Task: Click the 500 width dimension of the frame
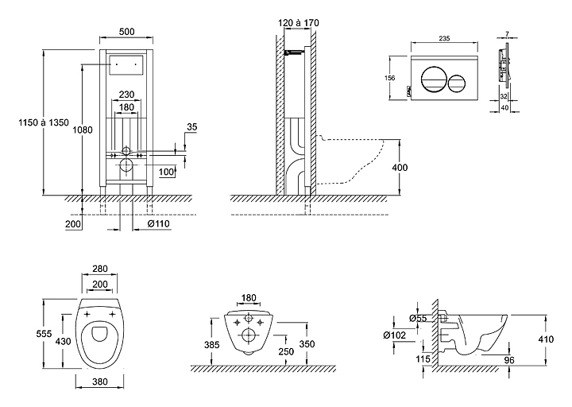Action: pos(126,32)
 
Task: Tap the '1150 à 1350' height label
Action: pos(44,122)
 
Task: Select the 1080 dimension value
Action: pos(83,130)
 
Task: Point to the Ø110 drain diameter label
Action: pos(159,223)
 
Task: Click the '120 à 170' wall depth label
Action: pos(299,23)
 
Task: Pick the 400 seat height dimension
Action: pos(400,168)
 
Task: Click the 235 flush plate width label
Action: pos(444,38)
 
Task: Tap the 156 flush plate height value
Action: pos(390,78)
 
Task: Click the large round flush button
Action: pos(433,79)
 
